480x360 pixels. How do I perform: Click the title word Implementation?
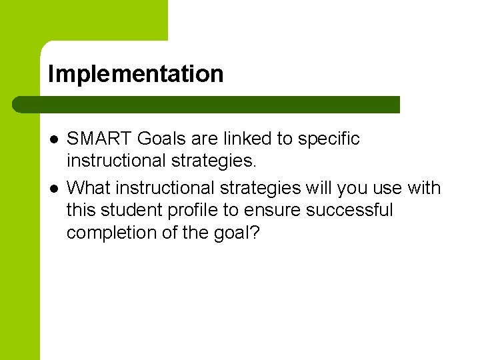135,74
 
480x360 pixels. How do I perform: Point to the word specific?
329,139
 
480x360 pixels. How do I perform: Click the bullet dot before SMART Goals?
53,139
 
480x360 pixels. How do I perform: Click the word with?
424,188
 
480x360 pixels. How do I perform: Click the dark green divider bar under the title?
207,105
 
